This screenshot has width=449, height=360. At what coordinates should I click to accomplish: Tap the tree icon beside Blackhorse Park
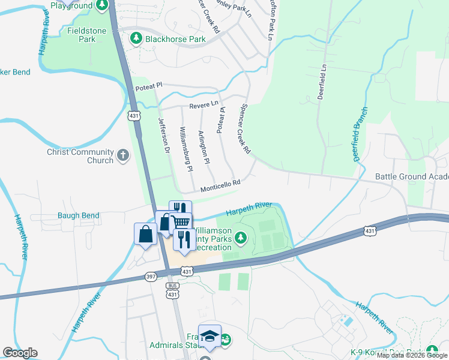tap(136, 39)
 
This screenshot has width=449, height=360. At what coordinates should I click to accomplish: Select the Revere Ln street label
tap(203, 104)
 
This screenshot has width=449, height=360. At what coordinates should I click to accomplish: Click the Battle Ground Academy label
tap(412, 176)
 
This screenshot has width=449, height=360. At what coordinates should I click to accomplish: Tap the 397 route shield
tap(151, 277)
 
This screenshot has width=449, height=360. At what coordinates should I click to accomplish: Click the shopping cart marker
tap(182, 221)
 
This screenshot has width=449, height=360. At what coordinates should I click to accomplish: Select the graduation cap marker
tap(209, 336)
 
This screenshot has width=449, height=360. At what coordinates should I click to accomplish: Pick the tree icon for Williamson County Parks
tap(241, 238)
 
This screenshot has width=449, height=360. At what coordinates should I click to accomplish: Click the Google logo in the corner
tap(20, 353)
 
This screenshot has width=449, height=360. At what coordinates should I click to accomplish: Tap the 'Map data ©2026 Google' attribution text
tap(412, 355)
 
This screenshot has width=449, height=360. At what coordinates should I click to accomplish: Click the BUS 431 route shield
tap(173, 291)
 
